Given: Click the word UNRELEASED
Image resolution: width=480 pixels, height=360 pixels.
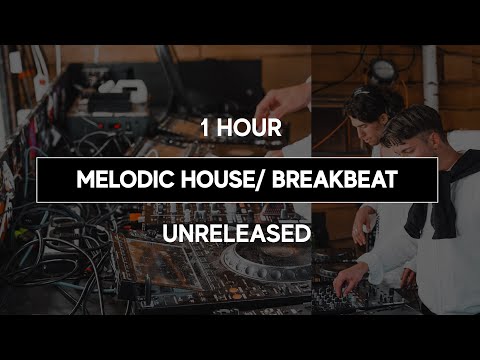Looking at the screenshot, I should [x=239, y=234].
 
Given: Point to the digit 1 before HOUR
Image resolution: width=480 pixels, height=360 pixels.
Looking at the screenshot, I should [x=205, y=128].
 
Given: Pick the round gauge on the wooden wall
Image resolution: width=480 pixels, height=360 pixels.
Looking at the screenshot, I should [x=381, y=70].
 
